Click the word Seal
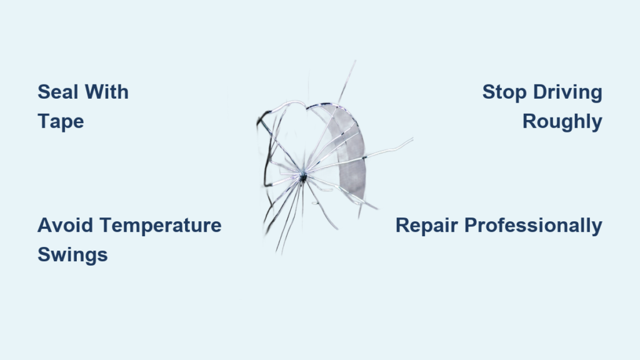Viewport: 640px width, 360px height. [x=58, y=92]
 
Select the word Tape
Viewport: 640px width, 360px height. [x=61, y=122]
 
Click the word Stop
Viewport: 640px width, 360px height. [x=504, y=92]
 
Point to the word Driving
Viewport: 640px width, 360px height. [x=567, y=92]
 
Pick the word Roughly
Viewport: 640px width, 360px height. [x=562, y=122]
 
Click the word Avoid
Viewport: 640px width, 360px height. [x=65, y=225]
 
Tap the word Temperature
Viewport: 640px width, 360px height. [x=161, y=226]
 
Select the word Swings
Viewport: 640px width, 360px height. [x=72, y=255]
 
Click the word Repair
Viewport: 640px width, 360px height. [x=426, y=226]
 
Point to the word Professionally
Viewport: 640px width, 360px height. [x=534, y=226]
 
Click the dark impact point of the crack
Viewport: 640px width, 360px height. [x=303, y=177]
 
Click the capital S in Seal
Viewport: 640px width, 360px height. [x=44, y=92]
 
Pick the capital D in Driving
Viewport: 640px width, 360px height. [x=541, y=92]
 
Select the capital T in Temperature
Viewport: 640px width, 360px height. [x=106, y=225]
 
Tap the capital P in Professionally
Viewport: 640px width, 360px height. [x=471, y=225]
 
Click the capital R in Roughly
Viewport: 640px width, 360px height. [x=530, y=121]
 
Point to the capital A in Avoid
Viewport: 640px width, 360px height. [x=45, y=225]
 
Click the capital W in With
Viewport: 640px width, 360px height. [x=95, y=92]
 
